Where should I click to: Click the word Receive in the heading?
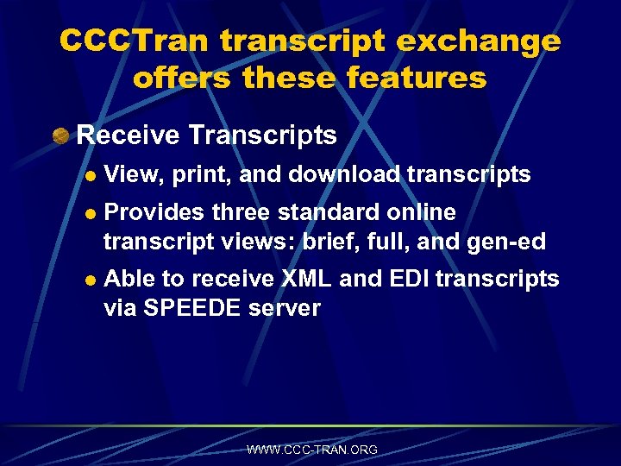point(127,135)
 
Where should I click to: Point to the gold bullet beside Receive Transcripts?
point(60,135)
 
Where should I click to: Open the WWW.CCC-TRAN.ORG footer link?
point(311,450)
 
